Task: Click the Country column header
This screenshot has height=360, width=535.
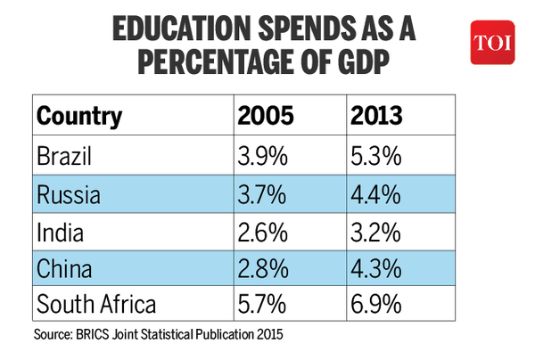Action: click(79, 118)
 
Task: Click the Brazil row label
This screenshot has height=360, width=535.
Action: click(64, 159)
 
